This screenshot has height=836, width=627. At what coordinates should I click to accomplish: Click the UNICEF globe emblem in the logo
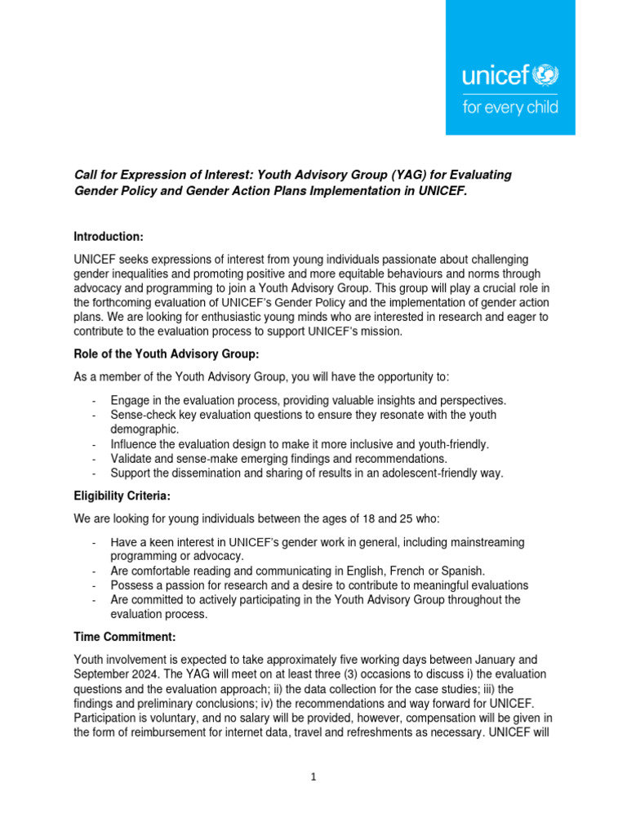coord(545,78)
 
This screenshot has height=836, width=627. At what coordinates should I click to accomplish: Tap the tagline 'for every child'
coord(510,107)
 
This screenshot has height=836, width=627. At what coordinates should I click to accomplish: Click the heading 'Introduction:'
coord(109,237)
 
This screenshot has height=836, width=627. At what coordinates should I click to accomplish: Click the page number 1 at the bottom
coord(313,777)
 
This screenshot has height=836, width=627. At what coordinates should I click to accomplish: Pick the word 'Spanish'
coord(464,571)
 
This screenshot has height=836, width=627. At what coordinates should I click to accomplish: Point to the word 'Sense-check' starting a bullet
coord(144,415)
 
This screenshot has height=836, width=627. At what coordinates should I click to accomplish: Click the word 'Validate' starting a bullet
coord(131,459)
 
